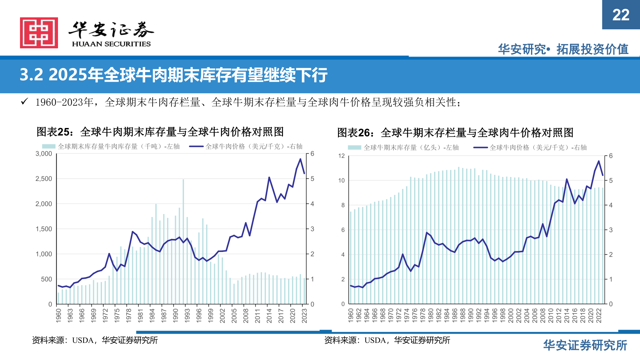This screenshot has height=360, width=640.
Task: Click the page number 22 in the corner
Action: (621, 15)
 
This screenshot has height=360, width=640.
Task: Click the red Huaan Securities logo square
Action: (39, 33)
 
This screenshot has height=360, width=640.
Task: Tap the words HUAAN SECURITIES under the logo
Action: (111, 44)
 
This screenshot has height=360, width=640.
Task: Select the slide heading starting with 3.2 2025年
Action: (173, 75)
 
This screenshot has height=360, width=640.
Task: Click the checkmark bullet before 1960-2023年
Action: (24, 102)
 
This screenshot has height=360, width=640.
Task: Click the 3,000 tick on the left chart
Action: (44, 154)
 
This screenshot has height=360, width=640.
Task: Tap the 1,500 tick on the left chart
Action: (44, 229)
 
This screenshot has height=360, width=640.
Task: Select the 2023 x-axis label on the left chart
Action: (304, 315)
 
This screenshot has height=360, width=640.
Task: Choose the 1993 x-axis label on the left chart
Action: (187, 315)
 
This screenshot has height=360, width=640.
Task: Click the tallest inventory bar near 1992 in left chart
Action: (183, 240)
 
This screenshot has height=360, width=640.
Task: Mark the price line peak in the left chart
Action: (300, 159)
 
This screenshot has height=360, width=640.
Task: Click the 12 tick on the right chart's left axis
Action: (341, 156)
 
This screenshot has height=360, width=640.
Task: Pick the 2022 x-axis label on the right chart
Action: (599, 315)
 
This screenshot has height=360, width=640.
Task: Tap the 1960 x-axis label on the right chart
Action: (351, 315)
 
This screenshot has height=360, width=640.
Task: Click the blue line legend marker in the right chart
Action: (480, 147)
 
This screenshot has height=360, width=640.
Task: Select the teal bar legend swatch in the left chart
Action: (49, 146)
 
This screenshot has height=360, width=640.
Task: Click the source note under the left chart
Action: (95, 340)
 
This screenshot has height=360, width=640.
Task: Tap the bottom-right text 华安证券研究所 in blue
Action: (585, 345)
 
